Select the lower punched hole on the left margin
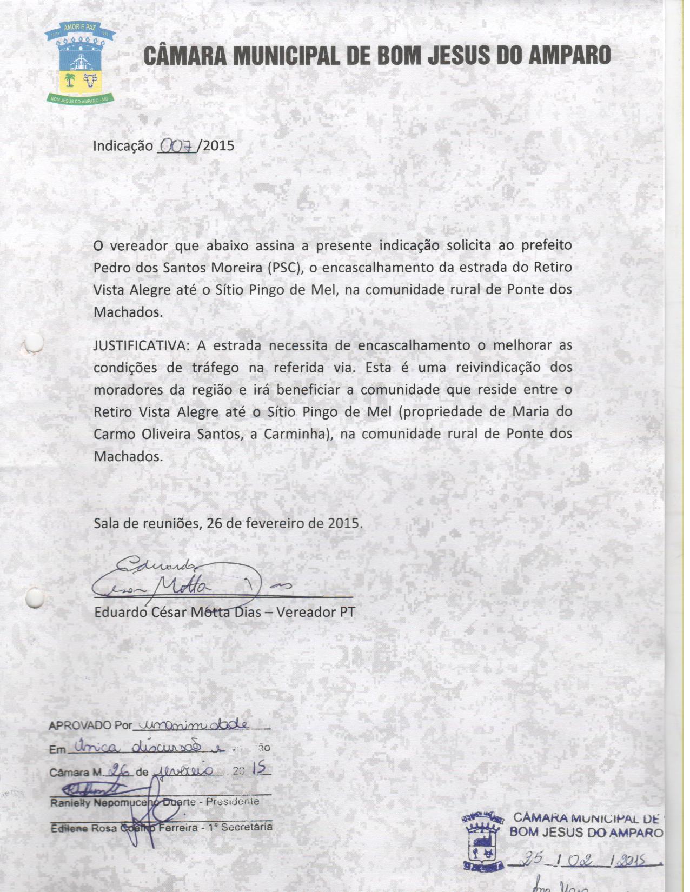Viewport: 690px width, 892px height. tap(35, 598)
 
